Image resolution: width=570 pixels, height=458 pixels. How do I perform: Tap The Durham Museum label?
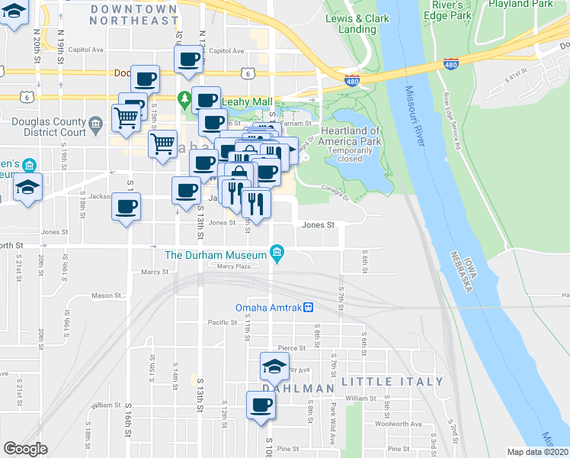216,255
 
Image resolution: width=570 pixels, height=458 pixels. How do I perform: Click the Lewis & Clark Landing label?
351,23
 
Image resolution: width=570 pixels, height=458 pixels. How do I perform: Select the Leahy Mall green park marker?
184,99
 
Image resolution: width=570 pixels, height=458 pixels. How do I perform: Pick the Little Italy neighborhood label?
392,381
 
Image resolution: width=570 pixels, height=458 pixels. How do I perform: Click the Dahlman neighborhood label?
293,388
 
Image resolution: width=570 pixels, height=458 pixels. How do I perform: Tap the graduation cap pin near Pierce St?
274,367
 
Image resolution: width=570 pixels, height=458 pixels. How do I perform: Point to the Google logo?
26,448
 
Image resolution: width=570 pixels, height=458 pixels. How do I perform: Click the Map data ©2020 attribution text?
538,452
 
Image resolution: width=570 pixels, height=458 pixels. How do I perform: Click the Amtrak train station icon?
309,308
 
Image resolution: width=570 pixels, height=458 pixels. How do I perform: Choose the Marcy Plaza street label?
234,266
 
